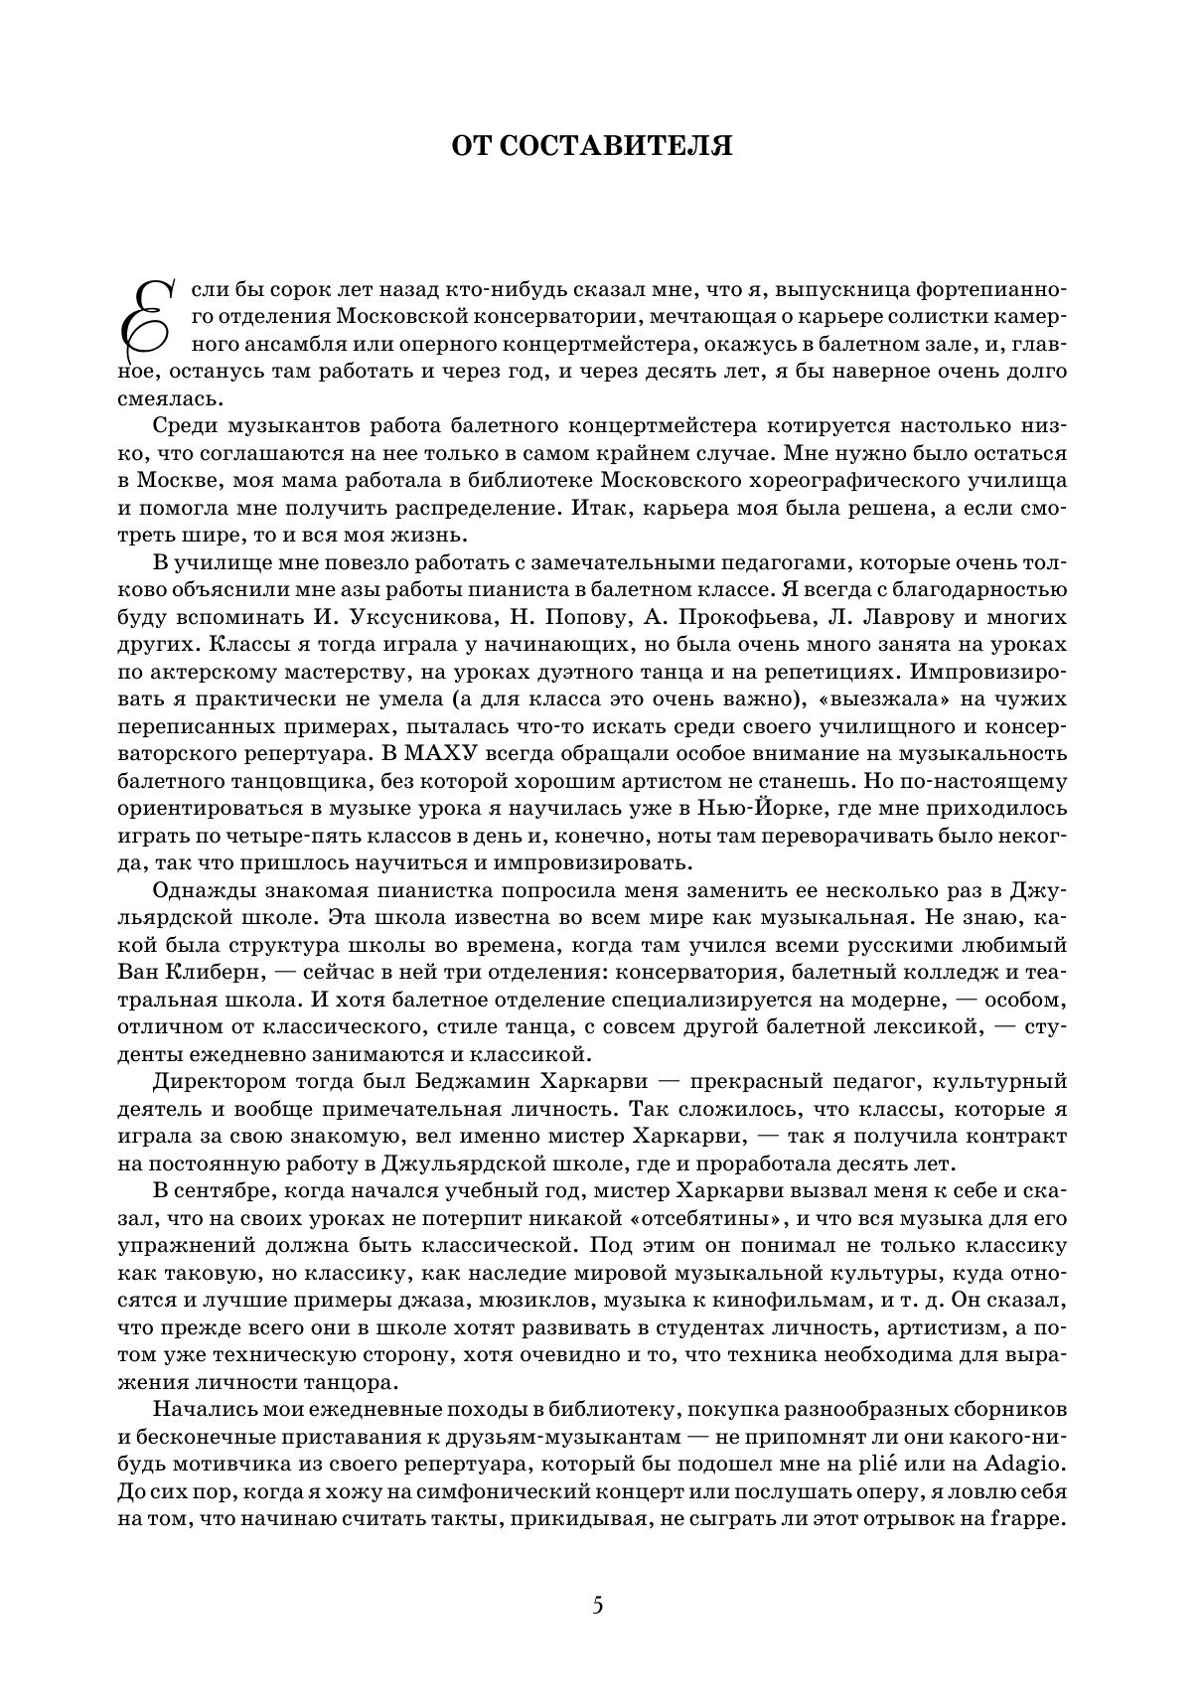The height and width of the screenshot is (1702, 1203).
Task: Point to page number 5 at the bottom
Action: [597, 1605]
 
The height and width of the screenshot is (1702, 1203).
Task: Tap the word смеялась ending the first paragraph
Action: [166, 399]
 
